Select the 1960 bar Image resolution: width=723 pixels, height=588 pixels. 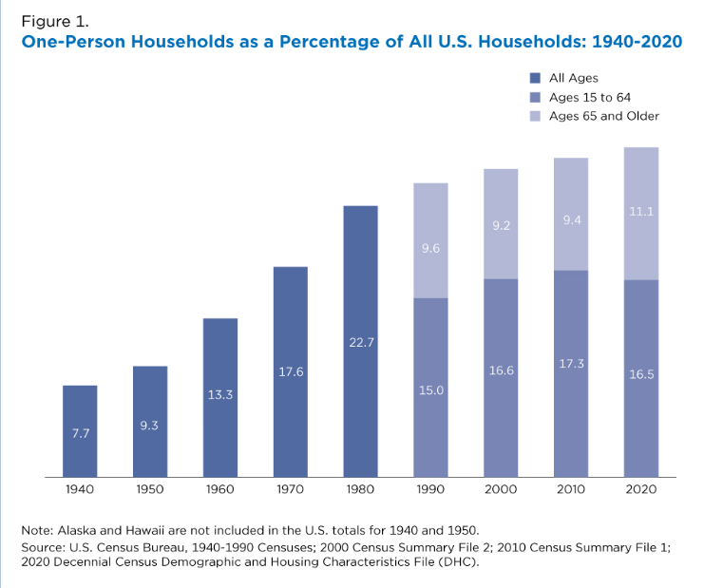pyautogui.click(x=220, y=397)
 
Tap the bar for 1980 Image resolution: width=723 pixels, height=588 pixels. pyautogui.click(x=360, y=341)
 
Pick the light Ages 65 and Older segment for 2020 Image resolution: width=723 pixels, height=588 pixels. pyautogui.click(x=641, y=214)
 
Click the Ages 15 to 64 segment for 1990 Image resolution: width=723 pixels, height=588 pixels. pyautogui.click(x=430, y=388)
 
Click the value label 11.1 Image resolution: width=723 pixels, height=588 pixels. pyautogui.click(x=641, y=211)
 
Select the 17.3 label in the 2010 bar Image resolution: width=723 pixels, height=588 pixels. pyautogui.click(x=571, y=364)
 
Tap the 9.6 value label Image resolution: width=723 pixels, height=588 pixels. pyautogui.click(x=430, y=248)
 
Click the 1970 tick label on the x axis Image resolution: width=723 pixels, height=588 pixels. pyautogui.click(x=291, y=489)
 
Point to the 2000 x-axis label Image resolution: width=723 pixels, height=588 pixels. pyautogui.click(x=501, y=489)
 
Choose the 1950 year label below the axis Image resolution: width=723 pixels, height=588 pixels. pyautogui.click(x=150, y=489)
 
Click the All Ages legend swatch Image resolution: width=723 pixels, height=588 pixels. pyautogui.click(x=535, y=78)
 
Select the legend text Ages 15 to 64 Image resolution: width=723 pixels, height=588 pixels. pyautogui.click(x=589, y=97)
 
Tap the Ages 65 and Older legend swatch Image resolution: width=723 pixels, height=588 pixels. pyautogui.click(x=535, y=116)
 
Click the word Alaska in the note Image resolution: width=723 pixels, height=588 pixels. pyautogui.click(x=80, y=529)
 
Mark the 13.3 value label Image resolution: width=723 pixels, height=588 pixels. pyautogui.click(x=220, y=394)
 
